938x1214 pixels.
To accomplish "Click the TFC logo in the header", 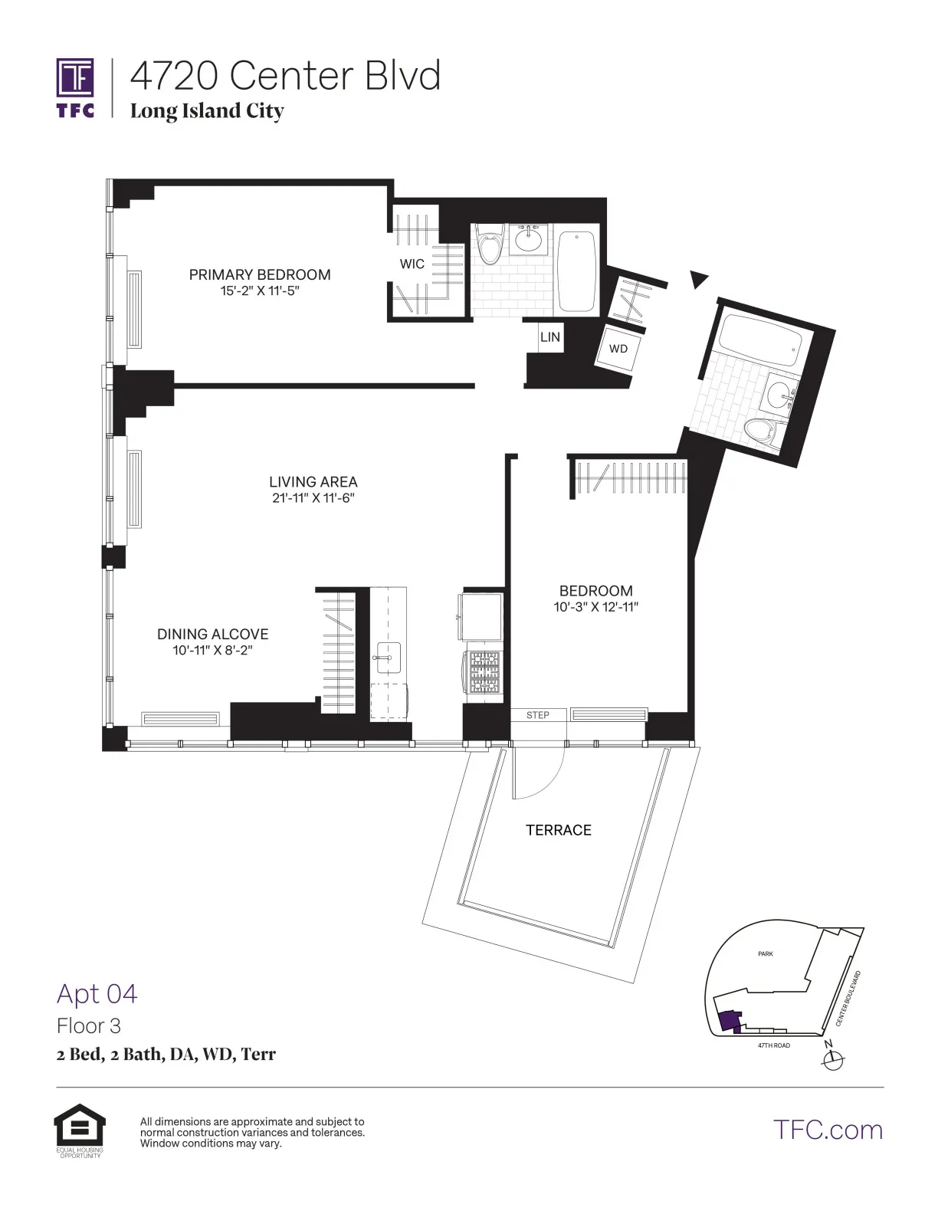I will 75,87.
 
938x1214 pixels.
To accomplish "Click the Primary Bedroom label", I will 260,274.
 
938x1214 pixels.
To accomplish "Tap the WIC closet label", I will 412,264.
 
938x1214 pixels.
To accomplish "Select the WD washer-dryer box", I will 618,349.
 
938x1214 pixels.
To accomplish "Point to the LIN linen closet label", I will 549,336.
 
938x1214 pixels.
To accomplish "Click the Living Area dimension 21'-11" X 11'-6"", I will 313,497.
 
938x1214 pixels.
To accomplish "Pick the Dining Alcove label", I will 212,634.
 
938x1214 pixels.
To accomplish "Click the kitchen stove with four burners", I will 483,671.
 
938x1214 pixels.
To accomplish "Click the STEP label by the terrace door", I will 537,715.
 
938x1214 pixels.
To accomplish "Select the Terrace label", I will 558,830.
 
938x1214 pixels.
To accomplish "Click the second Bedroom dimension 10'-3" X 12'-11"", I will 595,607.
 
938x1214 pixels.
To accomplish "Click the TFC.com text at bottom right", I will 828,1130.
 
